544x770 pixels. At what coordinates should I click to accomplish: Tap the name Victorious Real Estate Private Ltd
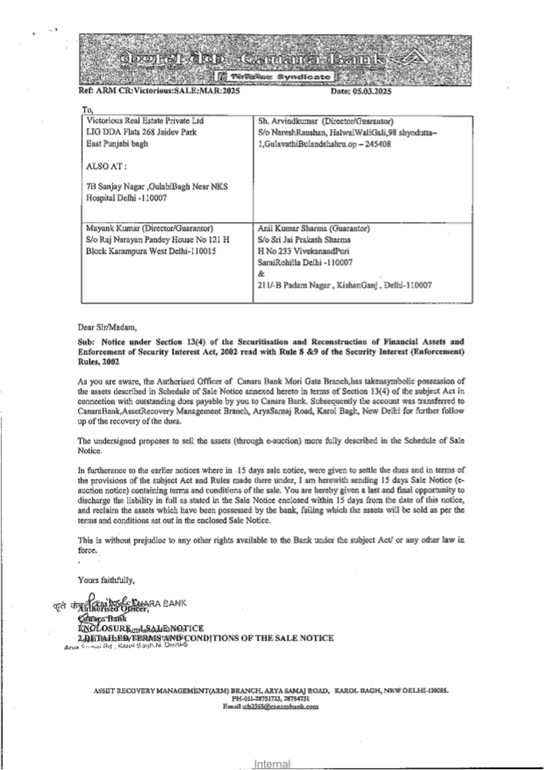[x=145, y=121]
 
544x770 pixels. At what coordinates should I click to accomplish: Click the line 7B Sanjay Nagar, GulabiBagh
[x=157, y=187]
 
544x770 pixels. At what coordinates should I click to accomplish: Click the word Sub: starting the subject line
[x=87, y=342]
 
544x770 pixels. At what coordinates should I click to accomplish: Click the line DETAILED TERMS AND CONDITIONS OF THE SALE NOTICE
[x=207, y=638]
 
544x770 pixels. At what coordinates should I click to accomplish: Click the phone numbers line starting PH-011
[x=270, y=699]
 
